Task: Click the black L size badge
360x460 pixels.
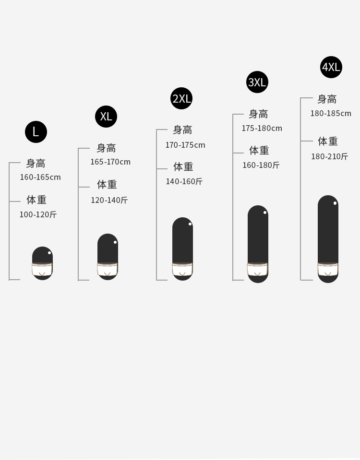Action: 36,132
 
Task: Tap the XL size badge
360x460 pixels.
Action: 106,117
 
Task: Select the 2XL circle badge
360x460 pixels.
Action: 181,99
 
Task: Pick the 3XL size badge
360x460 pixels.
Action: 257,82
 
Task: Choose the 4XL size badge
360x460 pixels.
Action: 331,67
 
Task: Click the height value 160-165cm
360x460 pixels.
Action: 40,177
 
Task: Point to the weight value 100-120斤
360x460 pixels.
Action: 38,214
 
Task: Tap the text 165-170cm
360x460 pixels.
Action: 110,162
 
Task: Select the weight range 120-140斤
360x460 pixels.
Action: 109,200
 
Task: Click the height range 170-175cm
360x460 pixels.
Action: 185,145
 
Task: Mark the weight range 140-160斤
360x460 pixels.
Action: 184,181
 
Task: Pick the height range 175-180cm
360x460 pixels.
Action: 262,128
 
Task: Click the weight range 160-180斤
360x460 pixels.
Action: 261,165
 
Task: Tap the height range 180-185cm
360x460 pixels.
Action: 331,113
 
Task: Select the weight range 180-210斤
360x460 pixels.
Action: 329,156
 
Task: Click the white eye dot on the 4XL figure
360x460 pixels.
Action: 335,203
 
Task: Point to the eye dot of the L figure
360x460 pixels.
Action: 49,253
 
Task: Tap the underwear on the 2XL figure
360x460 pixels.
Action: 182,270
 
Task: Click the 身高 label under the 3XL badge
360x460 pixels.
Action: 258,114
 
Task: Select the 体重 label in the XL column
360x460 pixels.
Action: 107,185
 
